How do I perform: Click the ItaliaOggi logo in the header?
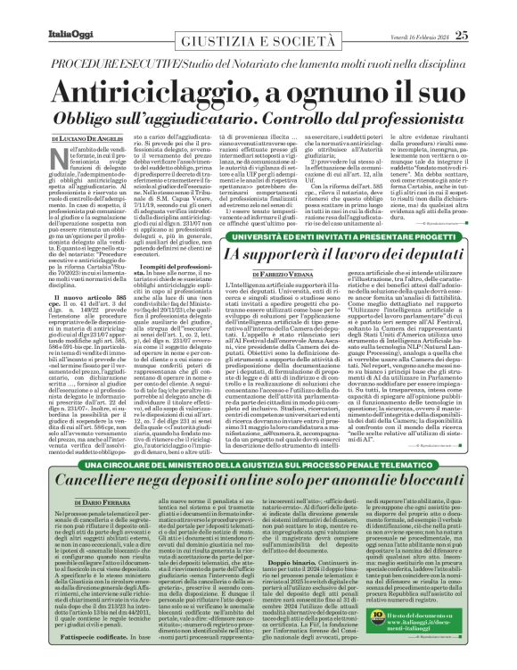click(37, 11)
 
